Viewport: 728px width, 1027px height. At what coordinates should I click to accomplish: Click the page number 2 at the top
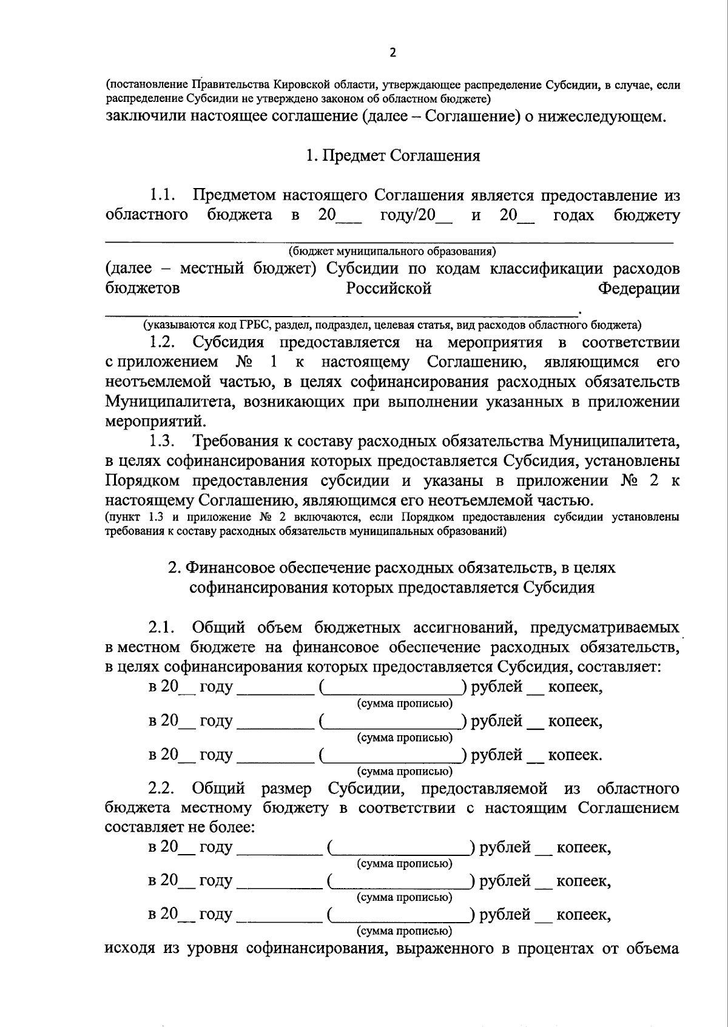coord(392,53)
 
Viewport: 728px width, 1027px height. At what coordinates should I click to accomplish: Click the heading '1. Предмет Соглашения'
coord(393,156)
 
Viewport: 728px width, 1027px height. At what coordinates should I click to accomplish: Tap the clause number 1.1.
coord(163,195)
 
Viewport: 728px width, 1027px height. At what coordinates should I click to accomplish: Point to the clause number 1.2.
coord(163,342)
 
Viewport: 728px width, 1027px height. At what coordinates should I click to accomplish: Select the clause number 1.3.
coord(163,440)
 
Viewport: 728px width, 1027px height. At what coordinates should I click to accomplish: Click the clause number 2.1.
coord(163,627)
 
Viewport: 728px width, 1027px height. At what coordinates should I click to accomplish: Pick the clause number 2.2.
coord(163,789)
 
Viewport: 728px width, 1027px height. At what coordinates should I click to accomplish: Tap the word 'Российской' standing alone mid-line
coord(388,288)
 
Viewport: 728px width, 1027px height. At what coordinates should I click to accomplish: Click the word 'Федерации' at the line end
coord(639,288)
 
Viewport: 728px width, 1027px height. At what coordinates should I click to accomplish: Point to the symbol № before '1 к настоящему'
coord(245,362)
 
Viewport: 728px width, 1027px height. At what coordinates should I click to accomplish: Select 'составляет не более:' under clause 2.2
coord(180,827)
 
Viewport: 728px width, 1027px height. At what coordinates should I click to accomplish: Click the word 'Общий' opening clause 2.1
coord(218,627)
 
